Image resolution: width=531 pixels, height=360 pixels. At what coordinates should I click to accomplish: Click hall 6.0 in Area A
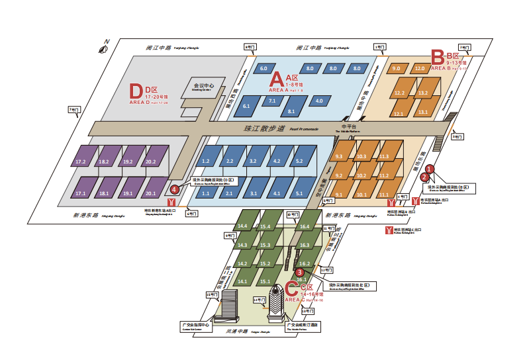point(264,68)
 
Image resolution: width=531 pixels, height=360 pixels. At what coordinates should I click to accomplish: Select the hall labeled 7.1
point(272,101)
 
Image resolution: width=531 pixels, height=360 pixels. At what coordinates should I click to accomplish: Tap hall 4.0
point(320,101)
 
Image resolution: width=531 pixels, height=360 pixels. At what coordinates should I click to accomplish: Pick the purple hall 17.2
point(82,161)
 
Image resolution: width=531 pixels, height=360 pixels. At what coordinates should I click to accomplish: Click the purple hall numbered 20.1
point(150,193)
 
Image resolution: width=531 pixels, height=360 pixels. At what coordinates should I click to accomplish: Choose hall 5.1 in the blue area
point(299,193)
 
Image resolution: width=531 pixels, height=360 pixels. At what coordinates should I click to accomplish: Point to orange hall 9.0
point(397,68)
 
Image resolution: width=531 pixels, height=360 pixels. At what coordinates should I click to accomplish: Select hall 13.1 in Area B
point(423,113)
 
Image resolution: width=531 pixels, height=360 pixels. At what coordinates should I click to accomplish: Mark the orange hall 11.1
point(383,195)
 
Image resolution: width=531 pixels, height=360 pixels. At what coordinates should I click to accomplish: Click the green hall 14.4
point(243,226)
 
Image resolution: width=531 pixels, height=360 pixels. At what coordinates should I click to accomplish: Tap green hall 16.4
point(305,226)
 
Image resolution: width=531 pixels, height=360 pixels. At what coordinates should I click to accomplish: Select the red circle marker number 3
point(299,272)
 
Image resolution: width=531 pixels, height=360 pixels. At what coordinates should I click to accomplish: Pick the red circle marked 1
point(429,169)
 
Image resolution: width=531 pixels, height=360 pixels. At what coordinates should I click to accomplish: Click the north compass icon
point(104,48)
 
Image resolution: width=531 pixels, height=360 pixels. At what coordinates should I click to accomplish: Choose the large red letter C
point(292,289)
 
